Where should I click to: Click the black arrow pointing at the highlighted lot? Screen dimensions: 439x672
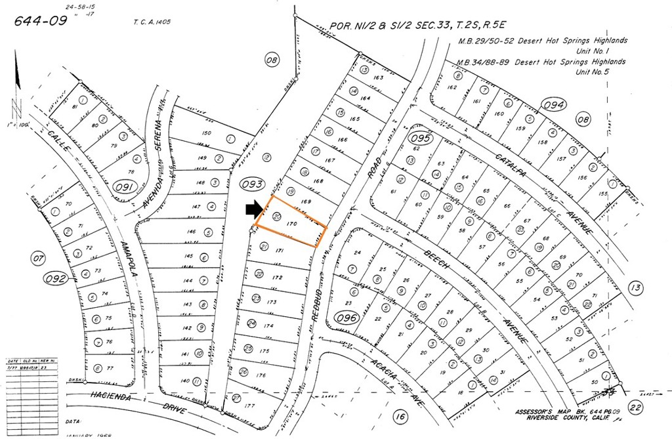pos(253,209)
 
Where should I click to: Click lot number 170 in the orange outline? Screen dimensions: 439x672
pos(293,224)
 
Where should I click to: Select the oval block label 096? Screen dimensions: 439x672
pos(346,319)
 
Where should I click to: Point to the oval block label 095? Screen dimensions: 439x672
pos(421,138)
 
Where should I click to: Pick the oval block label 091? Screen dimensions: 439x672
pos(125,188)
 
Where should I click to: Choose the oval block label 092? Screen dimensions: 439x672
pos(56,278)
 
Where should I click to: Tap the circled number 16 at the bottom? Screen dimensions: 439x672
pos(400,417)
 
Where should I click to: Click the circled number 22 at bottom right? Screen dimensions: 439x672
pos(634,406)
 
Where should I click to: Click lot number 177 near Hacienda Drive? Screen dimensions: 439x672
pos(248,406)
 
